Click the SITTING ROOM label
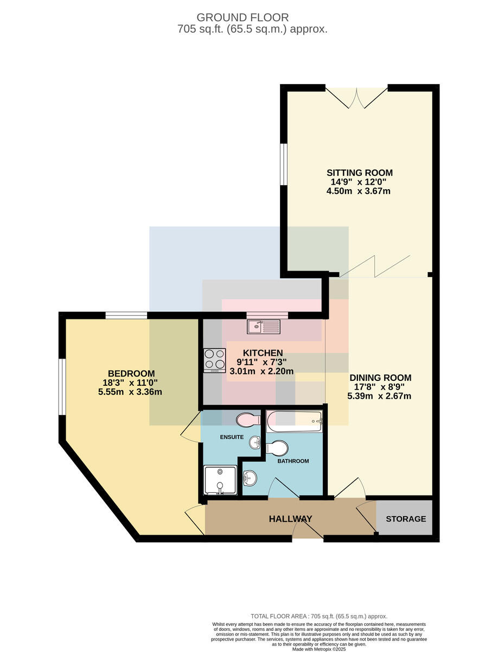(x=360, y=173)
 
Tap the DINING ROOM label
(x=380, y=378)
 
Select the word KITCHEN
(x=263, y=353)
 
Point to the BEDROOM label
(x=131, y=373)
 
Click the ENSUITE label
(x=232, y=437)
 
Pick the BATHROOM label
(x=293, y=461)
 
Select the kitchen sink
(x=263, y=327)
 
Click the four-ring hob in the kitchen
(x=214, y=360)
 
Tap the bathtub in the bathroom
(x=294, y=421)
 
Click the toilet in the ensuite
(x=248, y=419)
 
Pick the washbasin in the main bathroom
(x=250, y=479)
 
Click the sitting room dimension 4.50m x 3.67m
(x=358, y=191)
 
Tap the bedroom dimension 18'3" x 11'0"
(x=130, y=383)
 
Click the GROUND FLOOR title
(x=242, y=17)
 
